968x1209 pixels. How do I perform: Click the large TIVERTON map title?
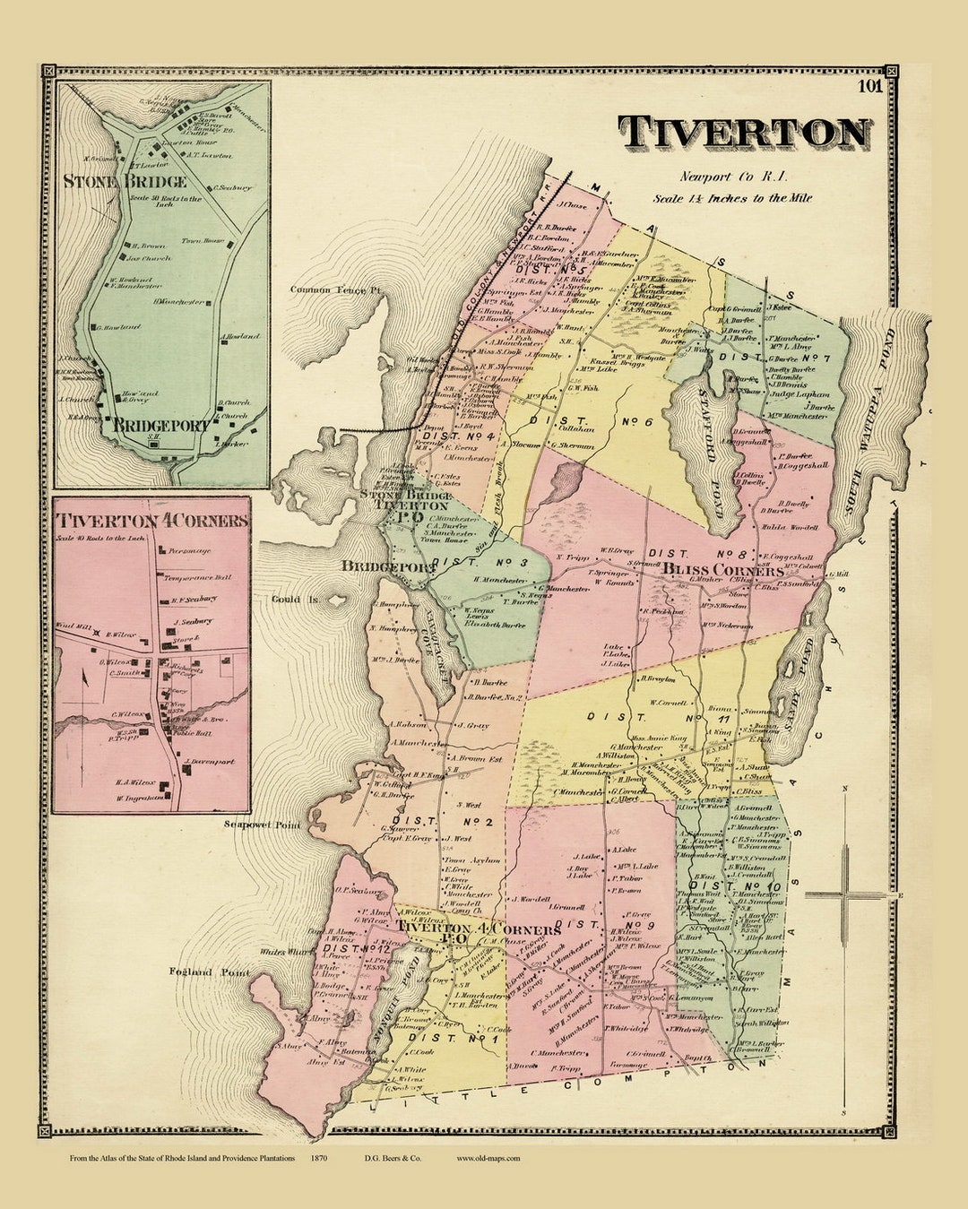(745, 134)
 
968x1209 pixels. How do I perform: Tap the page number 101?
(869, 87)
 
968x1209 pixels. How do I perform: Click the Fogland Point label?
(209, 972)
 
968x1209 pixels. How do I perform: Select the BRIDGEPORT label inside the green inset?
(161, 426)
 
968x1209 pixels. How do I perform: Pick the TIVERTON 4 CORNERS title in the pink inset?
(151, 521)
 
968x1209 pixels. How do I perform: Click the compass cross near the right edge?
(845, 894)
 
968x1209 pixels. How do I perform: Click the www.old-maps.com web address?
(488, 1158)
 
